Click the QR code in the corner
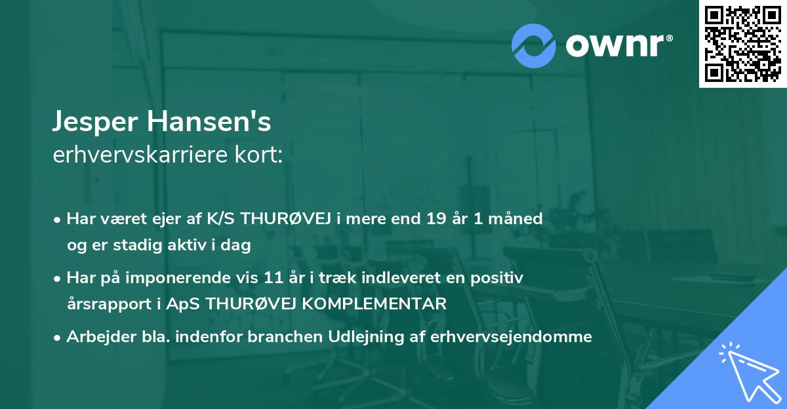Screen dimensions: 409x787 click(x=742, y=44)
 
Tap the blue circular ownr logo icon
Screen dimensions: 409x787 click(x=534, y=45)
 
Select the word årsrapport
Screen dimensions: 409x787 click(x=100, y=304)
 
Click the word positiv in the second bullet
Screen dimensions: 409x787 click(x=501, y=278)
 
